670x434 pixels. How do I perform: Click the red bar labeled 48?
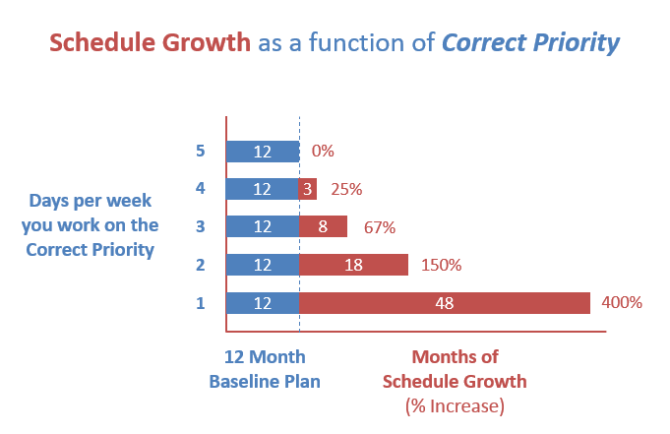[444, 303]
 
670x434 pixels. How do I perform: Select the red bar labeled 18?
[353, 265]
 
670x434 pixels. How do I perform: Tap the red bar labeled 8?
[323, 227]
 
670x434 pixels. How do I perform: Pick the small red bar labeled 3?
[308, 189]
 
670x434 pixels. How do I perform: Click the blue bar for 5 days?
[263, 152]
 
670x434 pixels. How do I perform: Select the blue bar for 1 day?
[263, 303]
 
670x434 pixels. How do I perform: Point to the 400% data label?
[622, 303]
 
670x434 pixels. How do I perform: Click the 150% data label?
[441, 265]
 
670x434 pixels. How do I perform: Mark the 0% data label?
[323, 152]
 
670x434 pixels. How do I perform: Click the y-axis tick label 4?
[201, 189]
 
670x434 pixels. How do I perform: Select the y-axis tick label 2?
[201, 265]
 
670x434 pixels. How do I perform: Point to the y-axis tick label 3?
[201, 227]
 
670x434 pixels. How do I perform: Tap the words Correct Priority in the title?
[530, 43]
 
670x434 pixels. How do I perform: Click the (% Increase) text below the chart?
[455, 404]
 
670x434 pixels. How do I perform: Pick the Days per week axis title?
[91, 225]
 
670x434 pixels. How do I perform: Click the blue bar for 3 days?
[263, 227]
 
